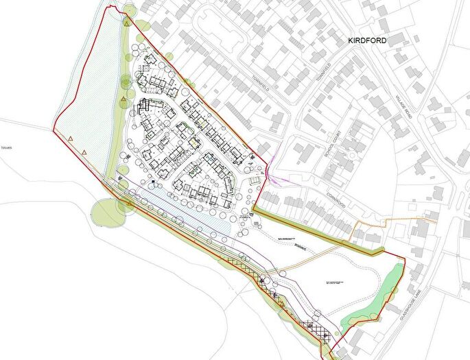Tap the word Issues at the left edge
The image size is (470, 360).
(x=7, y=147)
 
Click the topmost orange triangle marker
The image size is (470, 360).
(x=127, y=23)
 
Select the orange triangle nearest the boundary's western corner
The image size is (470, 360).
(x=71, y=139)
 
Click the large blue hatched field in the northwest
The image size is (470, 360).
(x=86, y=89)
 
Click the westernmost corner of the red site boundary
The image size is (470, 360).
(x=54, y=128)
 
